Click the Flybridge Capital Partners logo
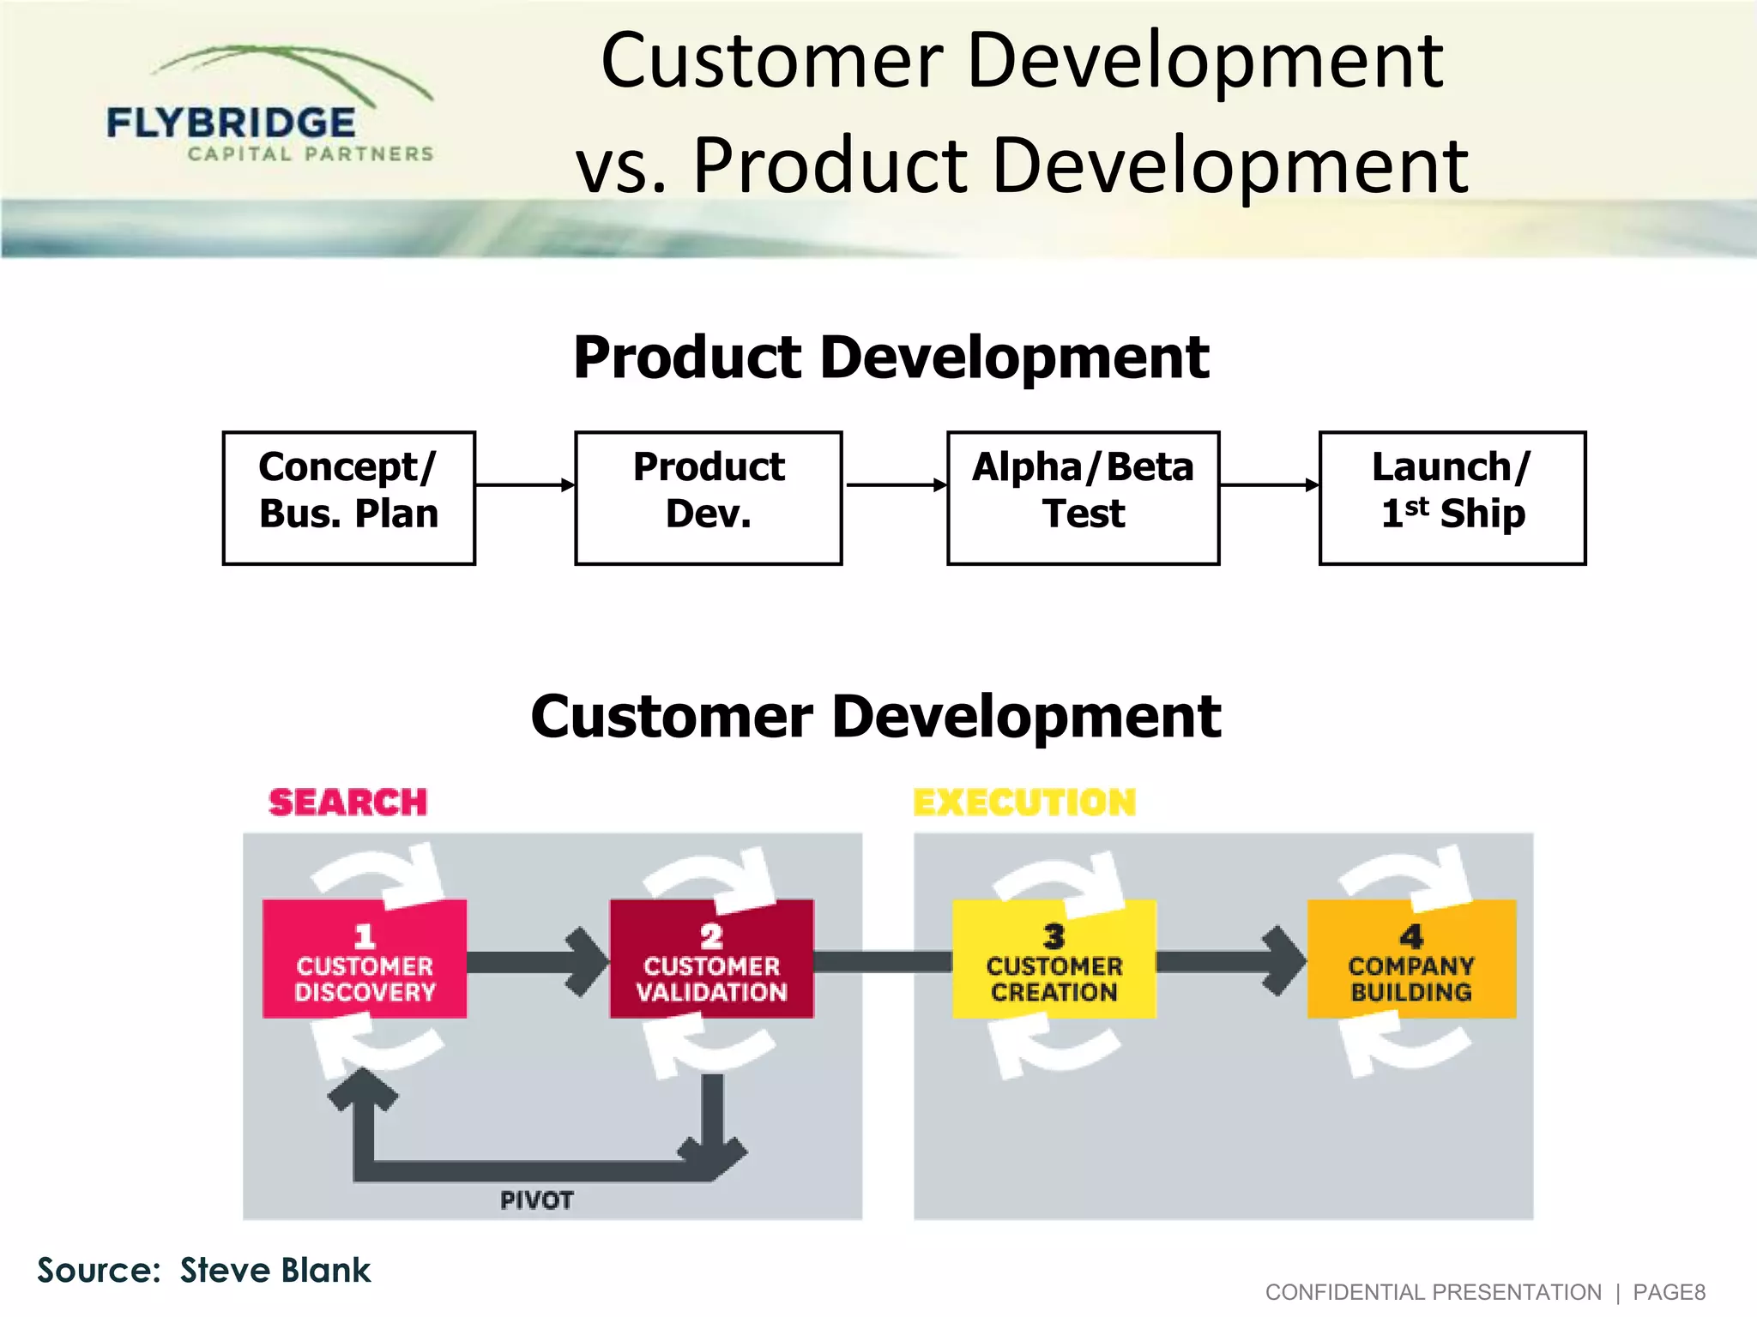(x=270, y=107)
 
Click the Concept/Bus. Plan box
(x=348, y=497)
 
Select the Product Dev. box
(x=708, y=497)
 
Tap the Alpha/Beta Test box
(x=1083, y=497)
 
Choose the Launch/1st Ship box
(x=1452, y=497)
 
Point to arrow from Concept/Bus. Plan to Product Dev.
(x=524, y=485)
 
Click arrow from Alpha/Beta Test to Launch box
(x=1268, y=485)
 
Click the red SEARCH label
(x=347, y=803)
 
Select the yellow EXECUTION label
(x=1024, y=803)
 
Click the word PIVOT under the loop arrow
(x=536, y=1200)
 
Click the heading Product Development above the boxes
(x=891, y=358)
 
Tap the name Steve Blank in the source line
(x=275, y=1270)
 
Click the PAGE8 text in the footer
(x=1669, y=1292)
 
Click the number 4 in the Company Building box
(x=1411, y=935)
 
